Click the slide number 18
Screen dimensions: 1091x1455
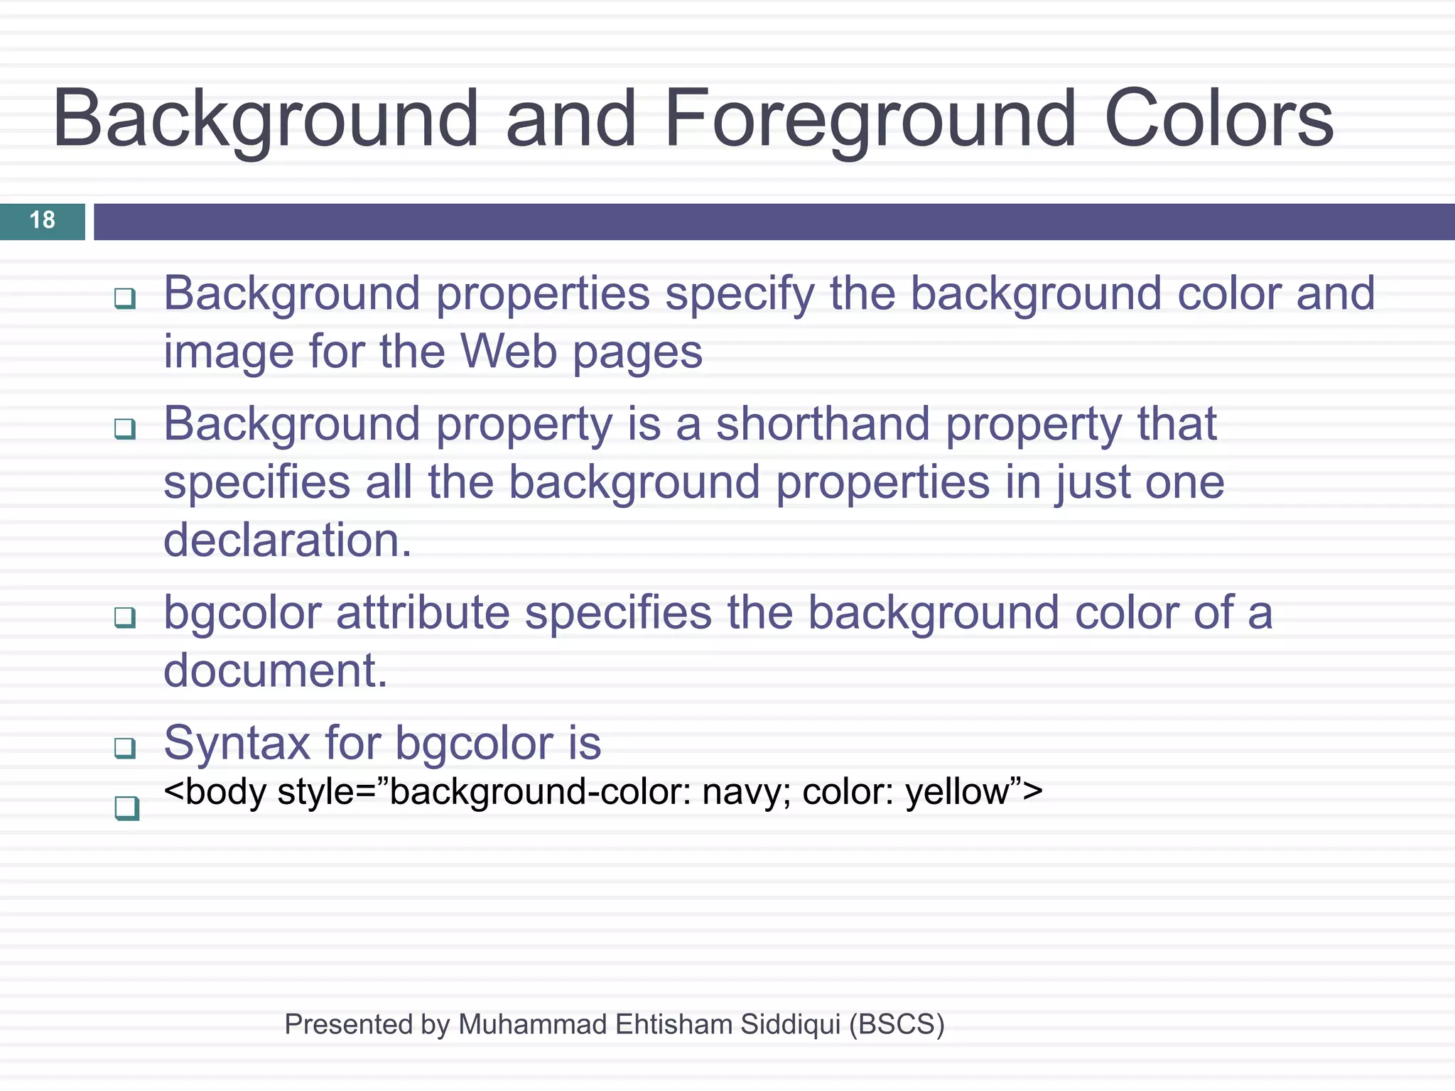pos(43,220)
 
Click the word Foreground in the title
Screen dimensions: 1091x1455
pos(870,119)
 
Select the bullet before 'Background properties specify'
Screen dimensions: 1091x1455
pos(125,298)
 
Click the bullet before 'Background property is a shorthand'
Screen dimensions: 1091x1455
pos(125,428)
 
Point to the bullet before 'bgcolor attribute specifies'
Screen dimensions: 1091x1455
pos(125,617)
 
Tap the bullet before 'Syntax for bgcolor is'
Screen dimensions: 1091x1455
pos(125,747)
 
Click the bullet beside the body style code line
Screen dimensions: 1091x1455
pos(126,808)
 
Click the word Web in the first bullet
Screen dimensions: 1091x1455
pos(508,352)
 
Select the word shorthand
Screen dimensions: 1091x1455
pos(822,424)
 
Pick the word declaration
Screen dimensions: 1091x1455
pos(287,541)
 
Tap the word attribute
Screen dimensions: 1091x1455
pos(422,612)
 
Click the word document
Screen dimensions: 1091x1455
pos(275,671)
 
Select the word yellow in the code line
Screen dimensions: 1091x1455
pos(957,792)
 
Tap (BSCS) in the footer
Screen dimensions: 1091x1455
pos(897,1024)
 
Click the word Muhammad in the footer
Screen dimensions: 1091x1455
pos(533,1024)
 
